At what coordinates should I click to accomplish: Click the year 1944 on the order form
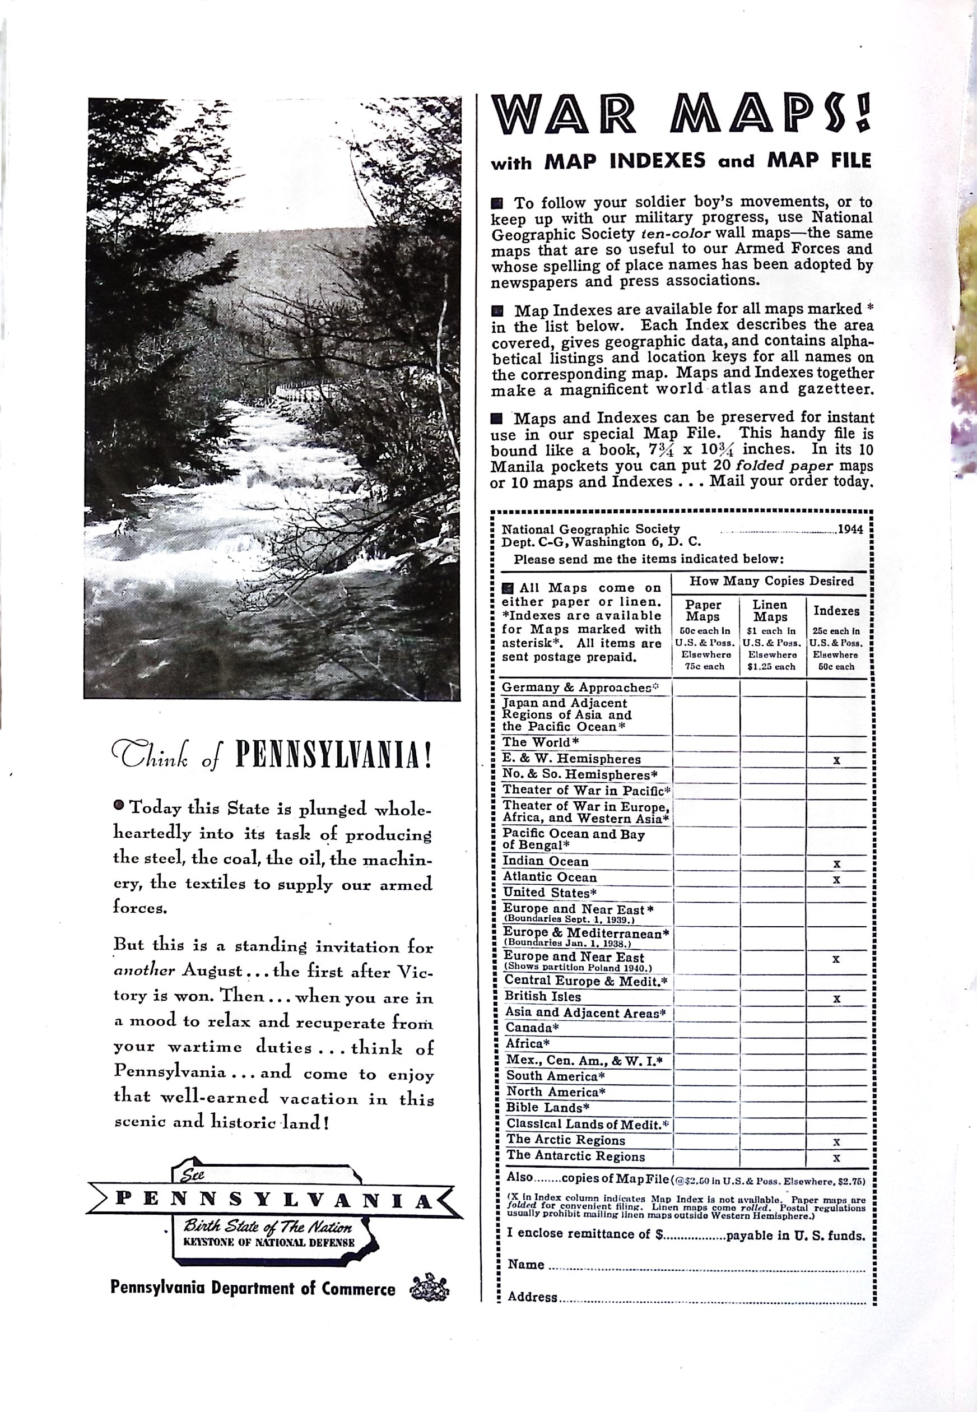[x=850, y=529]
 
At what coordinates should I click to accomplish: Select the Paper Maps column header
[x=704, y=611]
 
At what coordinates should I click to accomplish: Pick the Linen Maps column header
[x=771, y=611]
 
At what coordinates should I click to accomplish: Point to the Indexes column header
[x=836, y=611]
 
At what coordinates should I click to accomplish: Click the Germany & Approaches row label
[x=578, y=688]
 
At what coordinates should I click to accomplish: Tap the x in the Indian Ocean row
[x=836, y=864]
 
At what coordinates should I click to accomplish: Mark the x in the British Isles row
[x=836, y=998]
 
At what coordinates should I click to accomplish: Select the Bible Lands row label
[x=547, y=1108]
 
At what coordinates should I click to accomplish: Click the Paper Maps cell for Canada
[x=705, y=1028]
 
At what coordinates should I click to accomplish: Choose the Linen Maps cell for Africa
[x=773, y=1044]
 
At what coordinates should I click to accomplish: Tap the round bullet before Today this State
[x=119, y=805]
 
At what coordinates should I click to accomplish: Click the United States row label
[x=541, y=893]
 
